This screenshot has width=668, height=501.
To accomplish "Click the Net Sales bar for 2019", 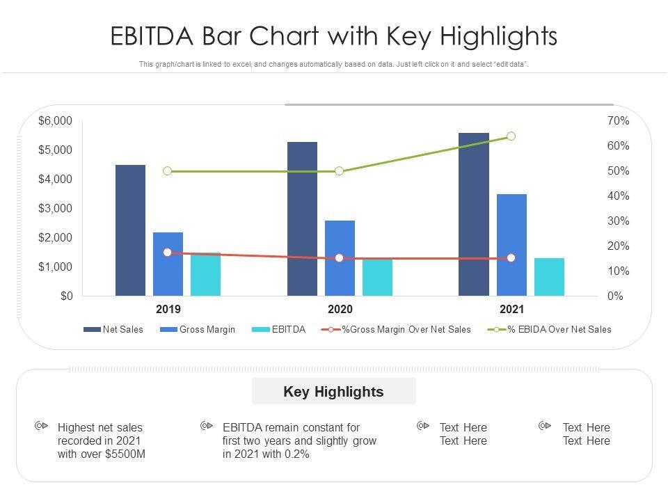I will tap(130, 230).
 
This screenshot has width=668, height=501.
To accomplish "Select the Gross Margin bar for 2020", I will tap(340, 258).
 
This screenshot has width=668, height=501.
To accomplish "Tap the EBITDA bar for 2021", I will tap(549, 277).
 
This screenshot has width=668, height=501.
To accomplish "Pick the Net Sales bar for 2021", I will tap(473, 214).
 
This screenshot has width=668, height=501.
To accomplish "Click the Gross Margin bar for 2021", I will tap(511, 245).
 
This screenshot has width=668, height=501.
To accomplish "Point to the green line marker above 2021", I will tap(511, 136).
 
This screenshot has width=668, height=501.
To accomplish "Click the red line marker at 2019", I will tap(167, 253).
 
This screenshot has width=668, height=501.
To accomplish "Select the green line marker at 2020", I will tap(339, 171).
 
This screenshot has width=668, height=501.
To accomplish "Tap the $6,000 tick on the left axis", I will tap(56, 121).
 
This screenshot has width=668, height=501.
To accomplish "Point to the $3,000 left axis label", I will tap(56, 209).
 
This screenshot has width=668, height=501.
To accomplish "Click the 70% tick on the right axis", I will tap(618, 121).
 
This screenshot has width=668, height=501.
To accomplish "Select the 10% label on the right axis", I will tap(618, 271).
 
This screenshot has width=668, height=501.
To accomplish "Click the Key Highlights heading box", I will tap(333, 392).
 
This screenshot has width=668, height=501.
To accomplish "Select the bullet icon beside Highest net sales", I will tap(41, 425).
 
